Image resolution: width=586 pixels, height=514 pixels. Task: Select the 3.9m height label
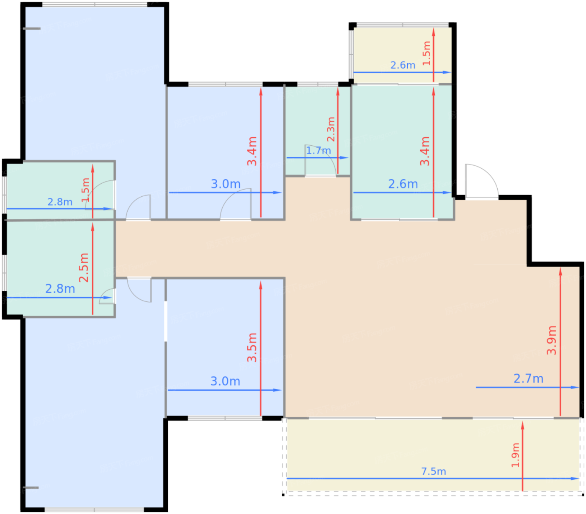(551, 340)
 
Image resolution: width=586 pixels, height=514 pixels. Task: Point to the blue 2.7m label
(528, 379)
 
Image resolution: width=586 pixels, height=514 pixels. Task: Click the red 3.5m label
(252, 347)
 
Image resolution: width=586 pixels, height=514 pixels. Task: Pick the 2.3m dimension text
(331, 129)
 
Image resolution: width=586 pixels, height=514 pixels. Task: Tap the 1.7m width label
(318, 150)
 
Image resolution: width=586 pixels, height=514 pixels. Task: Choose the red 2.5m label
(84, 267)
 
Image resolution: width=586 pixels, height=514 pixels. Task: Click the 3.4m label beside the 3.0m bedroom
(252, 151)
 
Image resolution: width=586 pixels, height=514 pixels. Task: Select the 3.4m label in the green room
(424, 151)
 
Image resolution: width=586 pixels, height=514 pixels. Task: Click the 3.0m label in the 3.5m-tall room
(225, 381)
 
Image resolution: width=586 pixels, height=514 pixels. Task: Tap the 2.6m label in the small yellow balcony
(403, 65)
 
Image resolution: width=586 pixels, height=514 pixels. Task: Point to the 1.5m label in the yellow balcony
(427, 53)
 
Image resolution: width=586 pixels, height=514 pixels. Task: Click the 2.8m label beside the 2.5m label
(60, 289)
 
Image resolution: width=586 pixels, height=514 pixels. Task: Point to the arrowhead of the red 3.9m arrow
(560, 271)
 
